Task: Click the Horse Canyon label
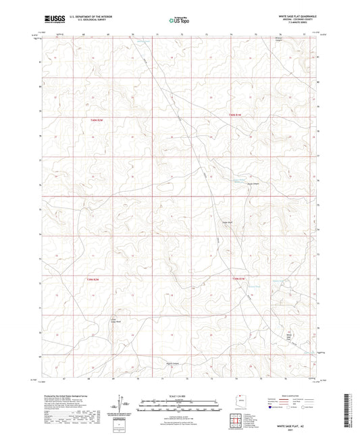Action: (x=252, y=185)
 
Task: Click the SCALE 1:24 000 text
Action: (x=179, y=394)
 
